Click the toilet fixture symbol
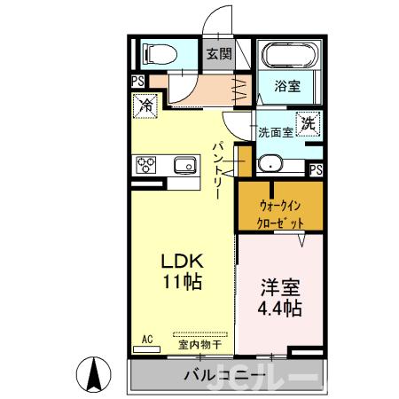tap(160, 53)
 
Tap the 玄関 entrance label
tap(219, 53)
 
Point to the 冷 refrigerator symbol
tap(145, 106)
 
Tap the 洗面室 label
tap(275, 133)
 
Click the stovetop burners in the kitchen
tap(146, 165)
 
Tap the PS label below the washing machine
tap(316, 168)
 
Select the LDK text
tap(182, 262)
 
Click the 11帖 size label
tap(182, 283)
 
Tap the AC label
tap(148, 338)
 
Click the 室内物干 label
tap(198, 343)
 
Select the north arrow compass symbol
tap(95, 373)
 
